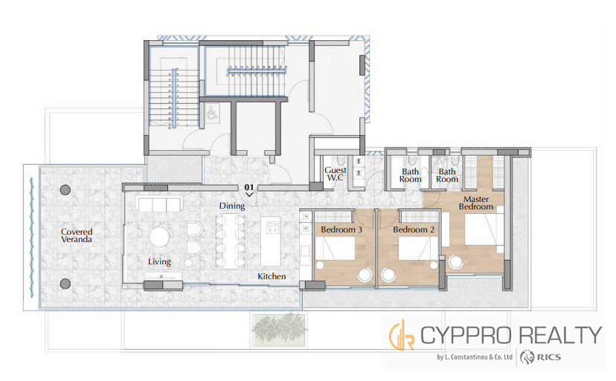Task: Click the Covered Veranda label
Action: tap(77, 235)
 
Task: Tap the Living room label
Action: tap(159, 261)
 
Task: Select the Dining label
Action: tap(232, 206)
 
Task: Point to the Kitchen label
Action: tap(272, 276)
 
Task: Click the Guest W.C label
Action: tap(336, 174)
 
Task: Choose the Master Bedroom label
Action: tap(475, 203)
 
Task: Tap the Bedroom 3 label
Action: tap(341, 229)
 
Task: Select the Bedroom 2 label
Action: tap(414, 229)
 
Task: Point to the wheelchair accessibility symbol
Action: tap(212, 112)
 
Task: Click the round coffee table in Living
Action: tap(159, 238)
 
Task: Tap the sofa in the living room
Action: tap(159, 204)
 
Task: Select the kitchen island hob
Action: tap(272, 227)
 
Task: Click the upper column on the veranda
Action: tap(65, 190)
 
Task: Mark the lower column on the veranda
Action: tap(65, 284)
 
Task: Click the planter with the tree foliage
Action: tap(278, 330)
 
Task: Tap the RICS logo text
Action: tap(549, 357)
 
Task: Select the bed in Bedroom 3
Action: tap(335, 248)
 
